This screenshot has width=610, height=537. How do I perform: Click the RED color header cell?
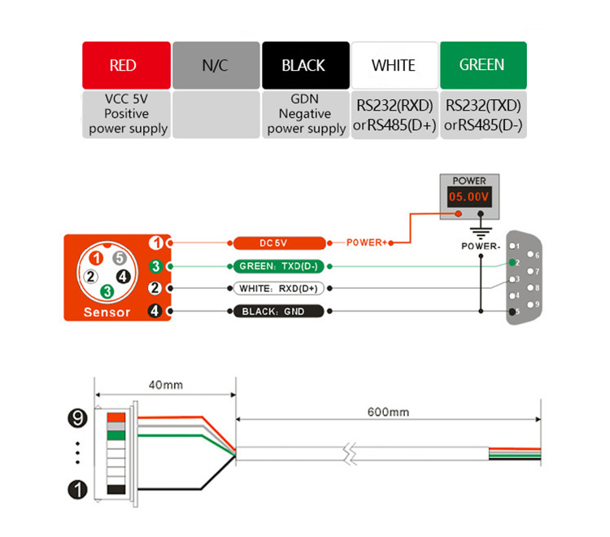coord(126,65)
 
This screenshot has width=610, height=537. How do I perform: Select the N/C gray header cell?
coord(216,65)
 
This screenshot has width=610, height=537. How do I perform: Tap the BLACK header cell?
coord(305,65)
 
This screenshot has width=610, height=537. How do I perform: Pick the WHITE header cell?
coord(394,65)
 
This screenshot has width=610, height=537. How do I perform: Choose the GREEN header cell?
coord(482,65)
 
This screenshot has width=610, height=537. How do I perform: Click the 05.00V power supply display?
coord(468,198)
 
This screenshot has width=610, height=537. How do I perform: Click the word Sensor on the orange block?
coord(107,312)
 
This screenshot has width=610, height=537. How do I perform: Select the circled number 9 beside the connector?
coord(77,419)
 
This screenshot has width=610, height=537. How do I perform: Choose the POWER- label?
coord(481,245)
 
